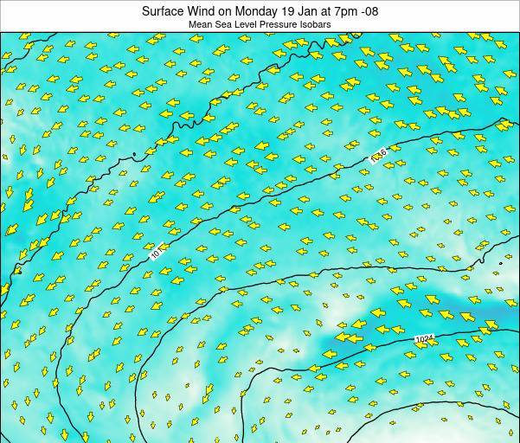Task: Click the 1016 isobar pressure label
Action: tap(378, 155)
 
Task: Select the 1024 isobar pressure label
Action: tap(421, 340)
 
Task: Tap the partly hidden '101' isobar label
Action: tap(154, 254)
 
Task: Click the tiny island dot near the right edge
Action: tap(501, 263)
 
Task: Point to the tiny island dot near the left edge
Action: tap(17, 272)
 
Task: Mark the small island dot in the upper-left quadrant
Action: tap(134, 156)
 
